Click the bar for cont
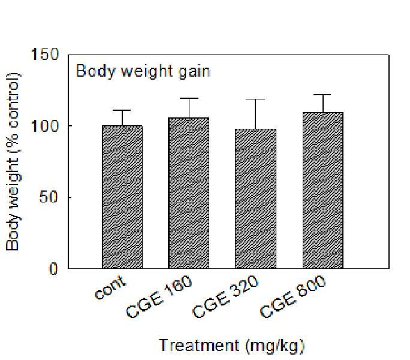122,197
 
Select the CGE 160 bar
189,193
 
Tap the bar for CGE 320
255,199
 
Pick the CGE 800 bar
323,190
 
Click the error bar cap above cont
122,110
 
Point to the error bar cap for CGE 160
189,98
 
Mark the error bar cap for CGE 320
255,99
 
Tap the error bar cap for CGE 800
323,95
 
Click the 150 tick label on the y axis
45,55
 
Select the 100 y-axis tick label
45,126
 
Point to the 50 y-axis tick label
49,197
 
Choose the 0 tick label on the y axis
53,268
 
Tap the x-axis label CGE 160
159,297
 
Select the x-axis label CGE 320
225,297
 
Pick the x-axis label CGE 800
293,297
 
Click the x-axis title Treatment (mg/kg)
231,346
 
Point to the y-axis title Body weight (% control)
14,162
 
